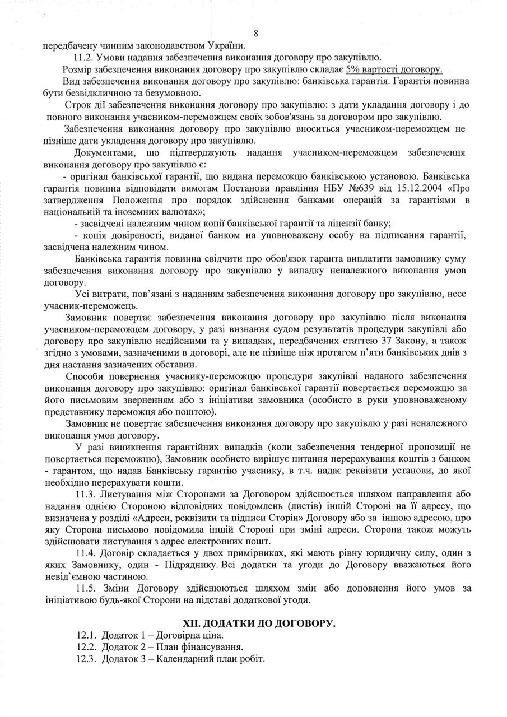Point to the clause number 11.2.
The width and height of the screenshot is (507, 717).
(x=85, y=58)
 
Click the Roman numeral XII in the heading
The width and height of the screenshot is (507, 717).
(x=193, y=623)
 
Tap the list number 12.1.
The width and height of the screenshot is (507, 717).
(x=85, y=635)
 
